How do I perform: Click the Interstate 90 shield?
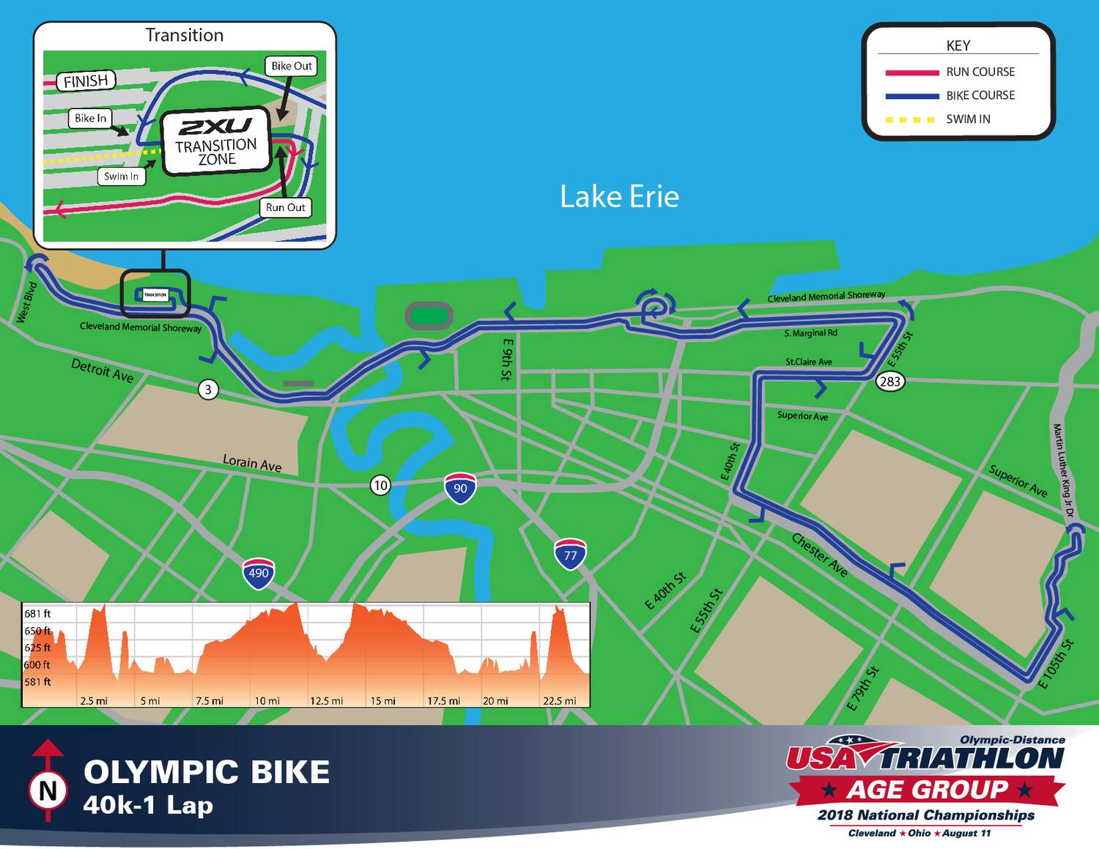click(x=460, y=488)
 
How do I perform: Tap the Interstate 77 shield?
click(x=570, y=555)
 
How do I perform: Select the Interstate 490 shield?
click(x=259, y=573)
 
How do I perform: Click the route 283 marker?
click(x=889, y=381)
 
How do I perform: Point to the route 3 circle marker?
click(x=208, y=389)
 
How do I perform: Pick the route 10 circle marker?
click(x=380, y=485)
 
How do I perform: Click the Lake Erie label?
click(x=619, y=196)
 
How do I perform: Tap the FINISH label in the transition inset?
click(x=86, y=81)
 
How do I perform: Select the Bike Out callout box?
click(x=292, y=66)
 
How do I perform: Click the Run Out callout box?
click(x=285, y=207)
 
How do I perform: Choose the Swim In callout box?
click(x=121, y=176)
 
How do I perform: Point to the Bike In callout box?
click(x=90, y=118)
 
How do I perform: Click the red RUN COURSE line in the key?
click(x=911, y=73)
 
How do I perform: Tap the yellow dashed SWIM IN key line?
click(x=911, y=119)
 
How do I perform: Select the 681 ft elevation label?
click(x=37, y=614)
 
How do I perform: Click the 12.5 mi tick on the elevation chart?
click(x=326, y=701)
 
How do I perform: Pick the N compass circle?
click(x=48, y=790)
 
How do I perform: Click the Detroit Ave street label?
click(x=102, y=371)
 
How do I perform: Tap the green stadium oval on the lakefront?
click(x=429, y=316)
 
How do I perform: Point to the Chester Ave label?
click(x=820, y=555)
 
